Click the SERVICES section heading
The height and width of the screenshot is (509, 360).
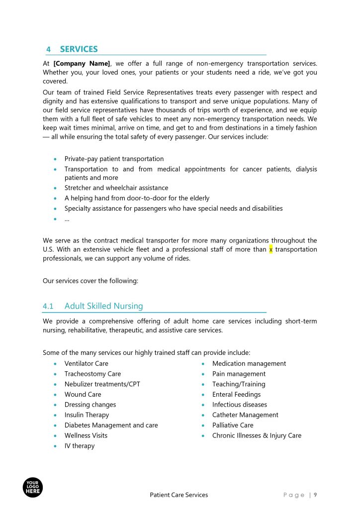click(79, 49)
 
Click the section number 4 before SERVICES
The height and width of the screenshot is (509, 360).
click(48, 50)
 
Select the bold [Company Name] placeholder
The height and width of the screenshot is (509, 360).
click(81, 64)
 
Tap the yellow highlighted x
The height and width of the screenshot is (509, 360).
click(271, 250)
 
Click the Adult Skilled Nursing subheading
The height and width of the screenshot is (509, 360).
click(103, 306)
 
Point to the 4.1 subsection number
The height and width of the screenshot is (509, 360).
click(48, 306)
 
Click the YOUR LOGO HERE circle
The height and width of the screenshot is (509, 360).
click(33, 487)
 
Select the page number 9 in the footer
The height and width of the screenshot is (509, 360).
click(315, 495)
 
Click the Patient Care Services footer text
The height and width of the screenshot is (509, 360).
click(179, 495)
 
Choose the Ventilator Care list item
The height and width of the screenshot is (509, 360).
click(86, 363)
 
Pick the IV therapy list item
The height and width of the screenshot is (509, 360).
click(79, 446)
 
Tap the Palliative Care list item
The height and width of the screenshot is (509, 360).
click(233, 425)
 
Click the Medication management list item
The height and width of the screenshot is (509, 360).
click(249, 363)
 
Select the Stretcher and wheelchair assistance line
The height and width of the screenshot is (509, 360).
click(116, 188)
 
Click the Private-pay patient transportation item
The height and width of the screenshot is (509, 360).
click(114, 159)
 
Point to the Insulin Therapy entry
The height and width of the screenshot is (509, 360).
click(87, 415)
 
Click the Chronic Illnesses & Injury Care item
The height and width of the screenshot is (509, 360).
click(257, 435)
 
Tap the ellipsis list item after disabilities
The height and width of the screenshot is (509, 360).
click(67, 219)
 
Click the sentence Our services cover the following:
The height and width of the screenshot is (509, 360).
click(90, 281)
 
